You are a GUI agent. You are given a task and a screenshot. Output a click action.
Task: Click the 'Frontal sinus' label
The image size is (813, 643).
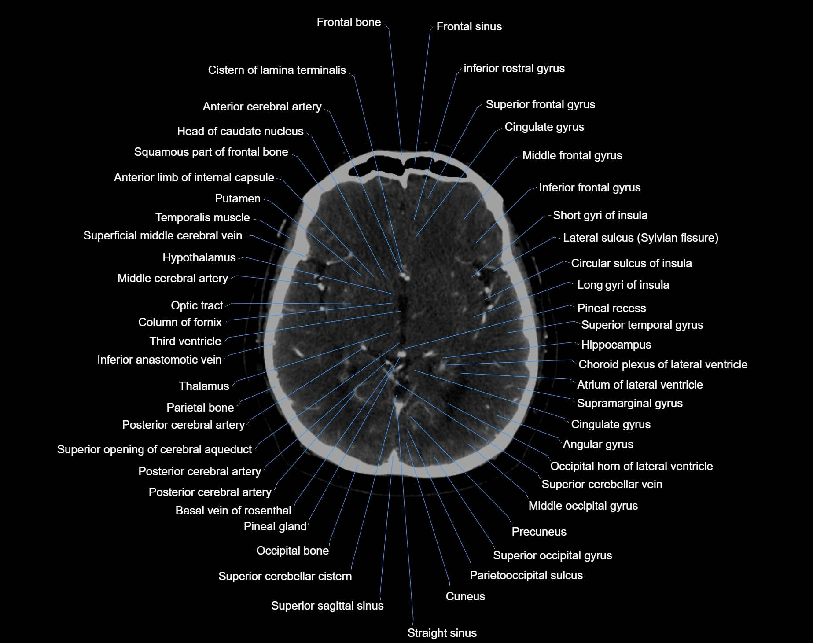click(x=469, y=27)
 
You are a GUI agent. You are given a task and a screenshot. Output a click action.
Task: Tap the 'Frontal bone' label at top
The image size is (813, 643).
click(x=349, y=22)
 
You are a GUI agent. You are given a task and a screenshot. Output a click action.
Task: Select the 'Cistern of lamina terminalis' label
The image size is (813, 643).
click(x=277, y=70)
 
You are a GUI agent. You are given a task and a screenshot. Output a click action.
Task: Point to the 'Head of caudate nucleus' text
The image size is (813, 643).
click(x=240, y=132)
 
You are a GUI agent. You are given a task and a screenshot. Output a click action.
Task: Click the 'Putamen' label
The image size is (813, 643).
click(x=238, y=199)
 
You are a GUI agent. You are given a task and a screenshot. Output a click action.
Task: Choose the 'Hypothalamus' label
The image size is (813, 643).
click(x=199, y=258)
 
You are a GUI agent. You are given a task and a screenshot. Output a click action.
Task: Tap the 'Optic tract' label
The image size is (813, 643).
click(x=197, y=306)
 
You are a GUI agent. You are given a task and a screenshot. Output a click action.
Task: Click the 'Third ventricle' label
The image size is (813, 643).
click(x=185, y=342)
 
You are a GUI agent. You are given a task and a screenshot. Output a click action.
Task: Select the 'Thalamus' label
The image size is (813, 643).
click(x=204, y=386)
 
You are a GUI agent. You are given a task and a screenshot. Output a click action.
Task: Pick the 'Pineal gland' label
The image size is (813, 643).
click(x=275, y=527)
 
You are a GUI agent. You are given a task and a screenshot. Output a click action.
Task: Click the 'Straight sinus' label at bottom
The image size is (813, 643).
click(x=442, y=633)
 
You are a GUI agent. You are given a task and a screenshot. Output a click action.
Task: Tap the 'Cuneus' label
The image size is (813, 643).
click(x=465, y=597)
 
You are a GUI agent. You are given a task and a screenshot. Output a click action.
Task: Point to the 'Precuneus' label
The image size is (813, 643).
click(x=539, y=532)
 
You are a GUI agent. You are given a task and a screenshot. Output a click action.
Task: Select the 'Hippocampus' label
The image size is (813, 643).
click(x=616, y=345)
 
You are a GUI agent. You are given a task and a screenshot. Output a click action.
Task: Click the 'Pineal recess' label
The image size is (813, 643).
click(x=611, y=309)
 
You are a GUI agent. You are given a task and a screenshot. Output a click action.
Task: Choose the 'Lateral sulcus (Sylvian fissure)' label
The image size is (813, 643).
click(x=640, y=238)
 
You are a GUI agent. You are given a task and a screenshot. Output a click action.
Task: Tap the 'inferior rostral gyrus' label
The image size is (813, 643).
click(x=514, y=69)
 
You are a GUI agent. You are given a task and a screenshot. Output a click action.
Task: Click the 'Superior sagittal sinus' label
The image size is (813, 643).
click(x=327, y=606)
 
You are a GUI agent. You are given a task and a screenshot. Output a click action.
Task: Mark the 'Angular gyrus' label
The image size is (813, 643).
click(x=598, y=445)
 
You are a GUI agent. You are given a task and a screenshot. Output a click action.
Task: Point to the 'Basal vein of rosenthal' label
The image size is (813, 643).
click(x=233, y=511)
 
